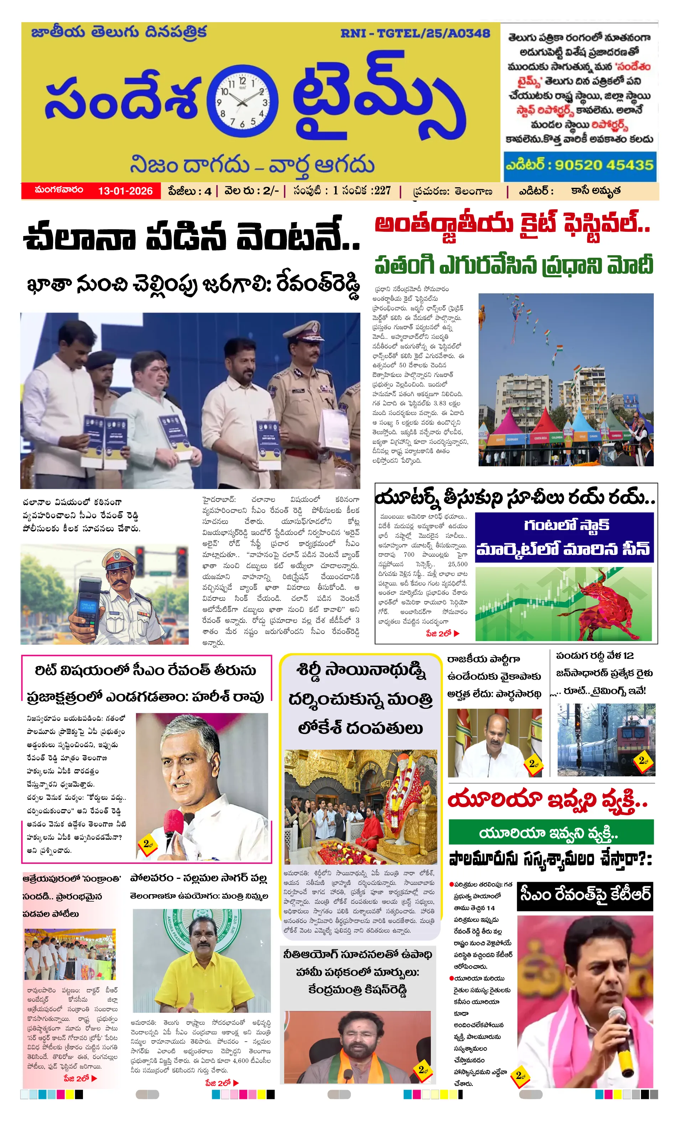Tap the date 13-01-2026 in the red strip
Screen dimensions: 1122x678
(125, 191)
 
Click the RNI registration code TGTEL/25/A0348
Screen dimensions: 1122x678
(414, 33)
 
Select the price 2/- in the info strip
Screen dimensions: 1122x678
(271, 191)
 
